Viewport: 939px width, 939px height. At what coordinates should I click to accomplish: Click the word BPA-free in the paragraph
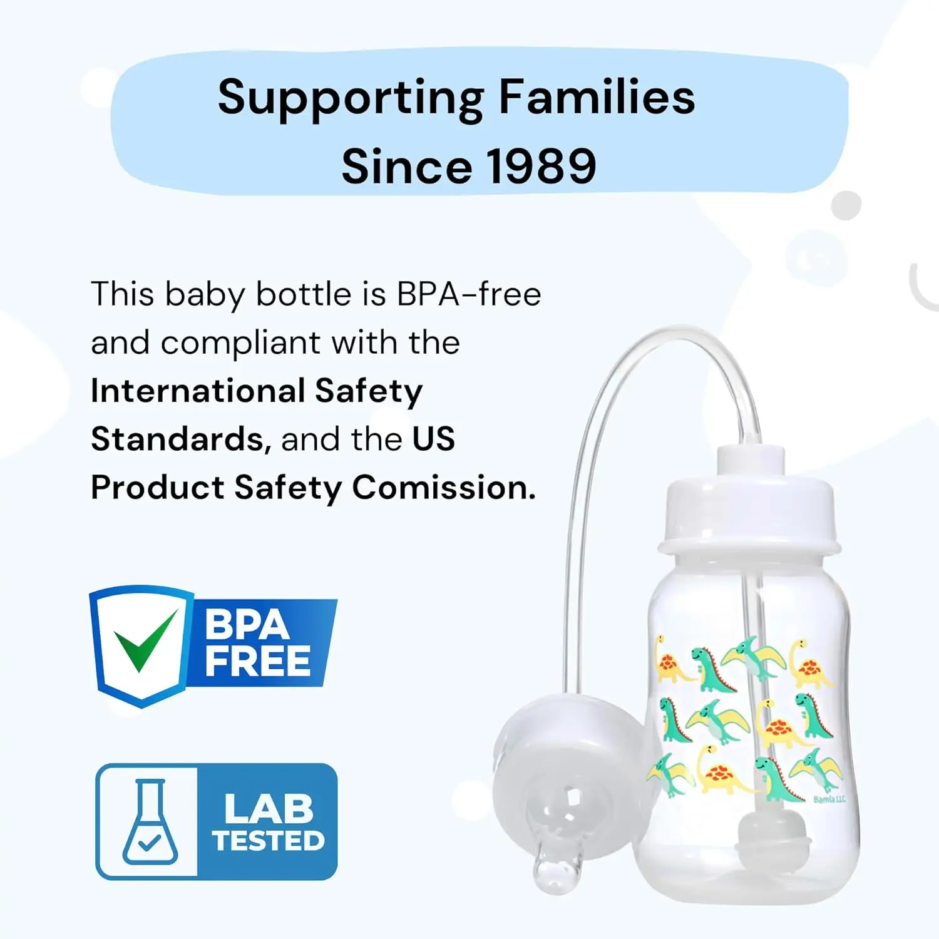pos(469,294)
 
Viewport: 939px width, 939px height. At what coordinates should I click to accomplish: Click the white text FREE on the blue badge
pos(257,661)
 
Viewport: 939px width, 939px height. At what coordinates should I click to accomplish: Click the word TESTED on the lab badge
pos(269,840)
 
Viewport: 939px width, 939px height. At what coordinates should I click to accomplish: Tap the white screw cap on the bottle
pos(749,506)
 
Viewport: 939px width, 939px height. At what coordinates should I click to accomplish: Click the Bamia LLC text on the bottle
pos(829,799)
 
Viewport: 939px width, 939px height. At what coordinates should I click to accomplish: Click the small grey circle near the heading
pos(846,205)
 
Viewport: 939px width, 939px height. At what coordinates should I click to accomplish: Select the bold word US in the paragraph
pos(433,439)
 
